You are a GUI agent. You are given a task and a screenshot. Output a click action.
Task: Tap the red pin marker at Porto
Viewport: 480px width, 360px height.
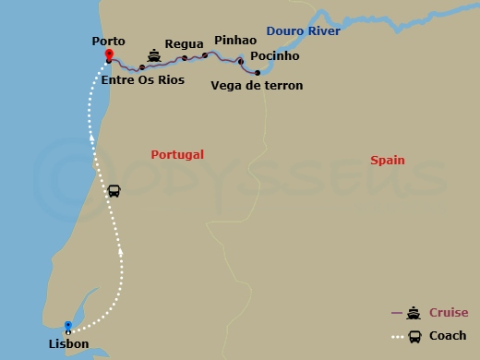coord(109,54)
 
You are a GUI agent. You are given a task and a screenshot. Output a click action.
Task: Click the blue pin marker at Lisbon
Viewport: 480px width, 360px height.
coord(68,326)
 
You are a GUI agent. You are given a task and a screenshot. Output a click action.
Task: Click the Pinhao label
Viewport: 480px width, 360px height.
coord(234,41)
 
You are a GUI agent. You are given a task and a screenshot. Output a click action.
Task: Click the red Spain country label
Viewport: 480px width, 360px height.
coord(388,161)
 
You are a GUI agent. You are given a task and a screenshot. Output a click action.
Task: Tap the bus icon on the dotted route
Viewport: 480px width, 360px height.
coord(114,190)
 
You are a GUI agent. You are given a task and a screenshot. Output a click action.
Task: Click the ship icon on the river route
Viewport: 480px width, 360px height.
coord(154,56)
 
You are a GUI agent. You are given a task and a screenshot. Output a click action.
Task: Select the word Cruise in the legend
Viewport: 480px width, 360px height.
coord(448,313)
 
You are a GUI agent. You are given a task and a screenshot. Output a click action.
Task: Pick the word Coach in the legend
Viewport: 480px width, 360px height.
coord(448,336)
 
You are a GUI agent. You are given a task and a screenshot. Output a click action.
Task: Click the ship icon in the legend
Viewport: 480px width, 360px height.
coord(413,313)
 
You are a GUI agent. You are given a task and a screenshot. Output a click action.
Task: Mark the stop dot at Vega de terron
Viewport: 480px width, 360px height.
coord(257,72)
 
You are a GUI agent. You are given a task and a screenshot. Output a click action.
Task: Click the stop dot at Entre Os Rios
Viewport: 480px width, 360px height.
coord(141,67)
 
